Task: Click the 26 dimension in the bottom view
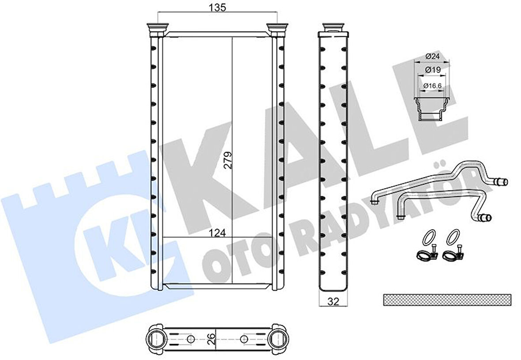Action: tap(212, 338)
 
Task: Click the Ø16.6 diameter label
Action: tap(432, 85)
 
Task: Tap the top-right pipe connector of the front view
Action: tap(278, 30)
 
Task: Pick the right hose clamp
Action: tap(452, 254)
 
